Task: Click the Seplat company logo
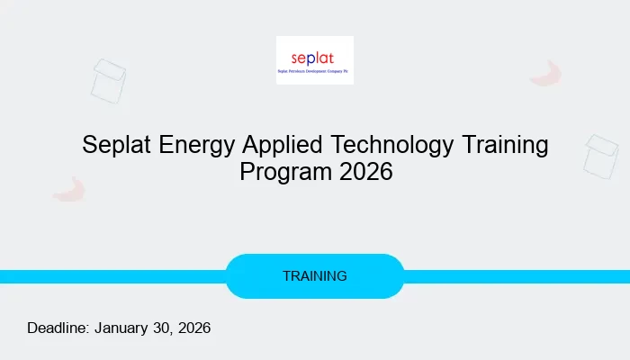314,59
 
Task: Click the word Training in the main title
508,145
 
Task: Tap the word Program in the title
277,172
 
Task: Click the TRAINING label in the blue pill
315,276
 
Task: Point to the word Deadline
57,328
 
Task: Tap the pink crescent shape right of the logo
545,74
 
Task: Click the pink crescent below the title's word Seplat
68,189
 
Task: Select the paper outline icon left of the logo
108,80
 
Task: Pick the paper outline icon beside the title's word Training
600,156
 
